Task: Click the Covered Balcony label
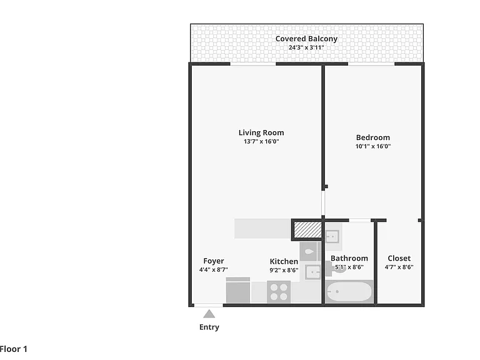[x=306, y=39]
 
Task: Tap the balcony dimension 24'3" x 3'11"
[x=306, y=47]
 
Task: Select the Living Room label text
[x=261, y=133]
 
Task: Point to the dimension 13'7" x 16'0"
[x=261, y=141]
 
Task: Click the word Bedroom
[x=373, y=137]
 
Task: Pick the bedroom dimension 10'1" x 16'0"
[x=373, y=146]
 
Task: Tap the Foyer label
[x=213, y=261]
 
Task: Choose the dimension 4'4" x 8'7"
[x=213, y=270]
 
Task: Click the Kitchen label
[x=284, y=261]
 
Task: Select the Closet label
[x=399, y=258]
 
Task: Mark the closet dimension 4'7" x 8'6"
[x=399, y=267]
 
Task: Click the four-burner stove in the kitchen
[x=279, y=292]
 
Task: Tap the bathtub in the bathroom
[x=349, y=292]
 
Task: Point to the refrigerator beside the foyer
[x=238, y=290]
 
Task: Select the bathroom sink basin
[x=332, y=237]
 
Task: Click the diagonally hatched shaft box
[x=307, y=229]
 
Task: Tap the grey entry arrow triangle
[x=209, y=314]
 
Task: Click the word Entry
[x=209, y=327]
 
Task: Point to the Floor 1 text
[x=14, y=349]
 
